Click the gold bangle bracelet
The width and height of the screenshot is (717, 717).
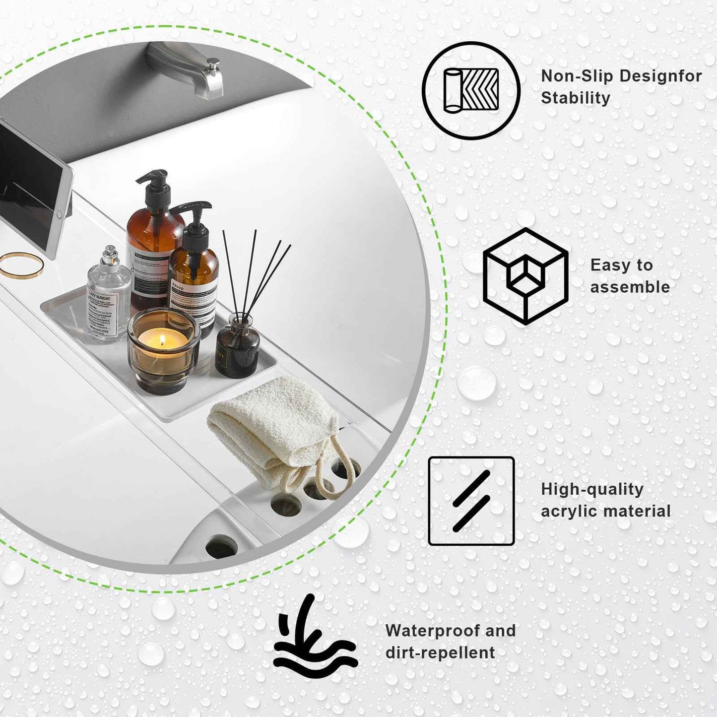coord(21,265)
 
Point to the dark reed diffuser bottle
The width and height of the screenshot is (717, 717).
coord(237,347)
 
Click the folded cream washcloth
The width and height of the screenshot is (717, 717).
coord(268,422)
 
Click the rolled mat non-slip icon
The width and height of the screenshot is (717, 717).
coord(471,91)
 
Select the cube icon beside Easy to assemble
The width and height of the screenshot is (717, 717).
coord(525,276)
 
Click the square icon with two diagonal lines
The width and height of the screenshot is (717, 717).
coord(471,501)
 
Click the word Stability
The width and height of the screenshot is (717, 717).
coord(575,98)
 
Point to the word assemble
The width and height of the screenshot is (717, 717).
coord(630,287)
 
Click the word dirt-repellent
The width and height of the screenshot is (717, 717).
coord(440,652)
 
